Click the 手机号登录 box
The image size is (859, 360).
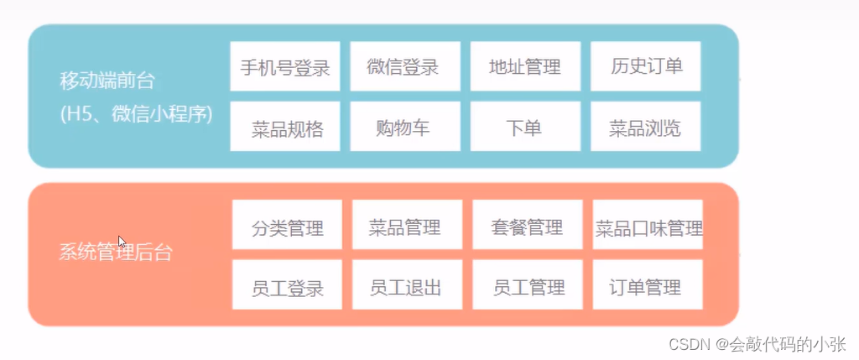(285, 66)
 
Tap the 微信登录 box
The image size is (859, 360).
(404, 66)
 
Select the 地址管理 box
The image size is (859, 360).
(525, 66)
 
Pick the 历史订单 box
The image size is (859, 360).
(645, 66)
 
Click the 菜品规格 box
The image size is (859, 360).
(285, 128)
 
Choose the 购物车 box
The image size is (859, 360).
(404, 128)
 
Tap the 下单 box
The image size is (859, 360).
(525, 128)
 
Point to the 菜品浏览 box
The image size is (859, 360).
(645, 128)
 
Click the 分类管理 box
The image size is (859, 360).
(287, 226)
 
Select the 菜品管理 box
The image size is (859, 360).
(406, 226)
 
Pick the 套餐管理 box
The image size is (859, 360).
(527, 226)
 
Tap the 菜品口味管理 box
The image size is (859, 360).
(648, 226)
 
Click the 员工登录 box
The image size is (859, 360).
(287, 287)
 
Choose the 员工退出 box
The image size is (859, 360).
(406, 287)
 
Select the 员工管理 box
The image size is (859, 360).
(527, 287)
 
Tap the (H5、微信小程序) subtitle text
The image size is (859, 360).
(136, 113)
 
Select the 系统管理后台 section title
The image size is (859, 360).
(116, 251)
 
